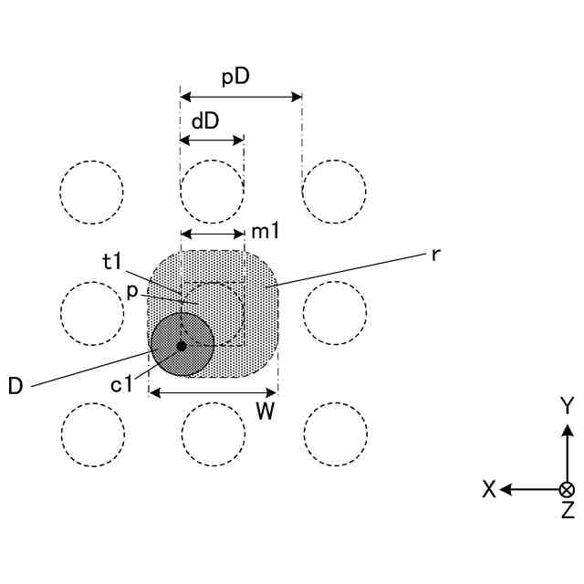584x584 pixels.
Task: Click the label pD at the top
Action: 236,77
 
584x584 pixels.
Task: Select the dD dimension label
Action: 204,120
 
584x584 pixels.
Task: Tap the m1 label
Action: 265,233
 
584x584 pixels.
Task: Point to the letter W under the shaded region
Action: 265,412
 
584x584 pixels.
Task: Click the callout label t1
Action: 112,262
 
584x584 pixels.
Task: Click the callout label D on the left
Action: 16,386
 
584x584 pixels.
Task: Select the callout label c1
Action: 122,384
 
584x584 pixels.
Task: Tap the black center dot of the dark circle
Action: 182,346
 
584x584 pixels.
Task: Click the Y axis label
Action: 567,405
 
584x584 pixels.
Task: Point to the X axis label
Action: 489,490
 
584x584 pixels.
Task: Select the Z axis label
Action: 567,511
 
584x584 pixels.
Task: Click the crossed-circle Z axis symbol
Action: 567,489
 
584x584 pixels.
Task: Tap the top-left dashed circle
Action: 91,193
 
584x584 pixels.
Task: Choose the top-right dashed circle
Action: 334,193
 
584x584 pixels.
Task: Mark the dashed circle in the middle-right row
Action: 334,313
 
